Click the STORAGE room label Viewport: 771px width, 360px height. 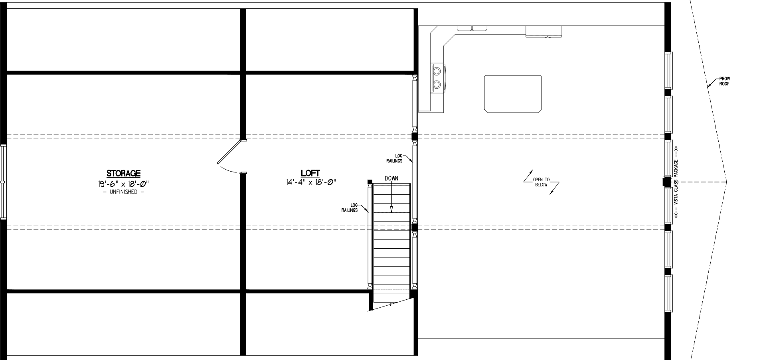click(123, 173)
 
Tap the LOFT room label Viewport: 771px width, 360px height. click(310, 173)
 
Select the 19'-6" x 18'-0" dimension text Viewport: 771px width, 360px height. click(123, 183)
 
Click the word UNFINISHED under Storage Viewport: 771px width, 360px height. click(123, 192)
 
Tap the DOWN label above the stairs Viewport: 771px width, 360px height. click(391, 178)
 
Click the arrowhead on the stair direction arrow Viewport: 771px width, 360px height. click(391, 209)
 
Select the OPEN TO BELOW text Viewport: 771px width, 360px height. click(541, 182)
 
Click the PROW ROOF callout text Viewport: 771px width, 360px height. click(724, 81)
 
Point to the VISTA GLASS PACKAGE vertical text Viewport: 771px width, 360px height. click(676, 182)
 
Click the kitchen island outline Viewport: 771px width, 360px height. click(513, 93)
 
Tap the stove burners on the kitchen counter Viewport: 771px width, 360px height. click(437, 77)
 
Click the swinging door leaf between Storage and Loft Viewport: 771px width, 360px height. click(229, 152)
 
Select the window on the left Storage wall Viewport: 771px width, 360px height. click(4, 182)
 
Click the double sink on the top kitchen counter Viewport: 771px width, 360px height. click(472, 28)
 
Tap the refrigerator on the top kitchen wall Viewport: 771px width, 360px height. click(544, 32)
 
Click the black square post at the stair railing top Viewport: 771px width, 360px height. click(370, 182)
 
